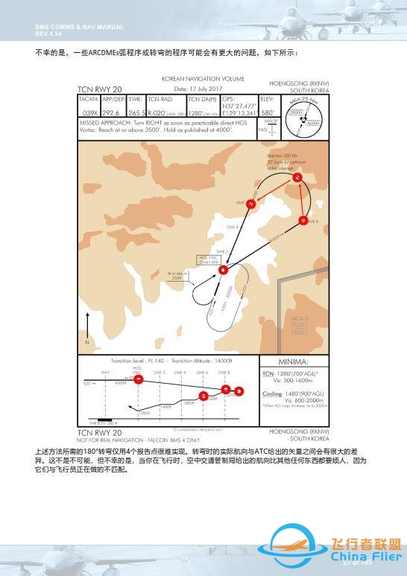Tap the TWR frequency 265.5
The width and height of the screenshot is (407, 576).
(x=136, y=112)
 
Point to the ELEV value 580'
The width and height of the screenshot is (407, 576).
(x=268, y=112)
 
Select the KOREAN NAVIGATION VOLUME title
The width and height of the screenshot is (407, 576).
(x=203, y=78)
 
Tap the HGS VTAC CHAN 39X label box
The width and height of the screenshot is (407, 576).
(x=209, y=259)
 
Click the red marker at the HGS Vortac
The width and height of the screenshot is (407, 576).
(x=223, y=270)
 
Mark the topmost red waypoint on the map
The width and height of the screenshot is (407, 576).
(x=297, y=178)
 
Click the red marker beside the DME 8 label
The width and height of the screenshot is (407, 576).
(x=303, y=220)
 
